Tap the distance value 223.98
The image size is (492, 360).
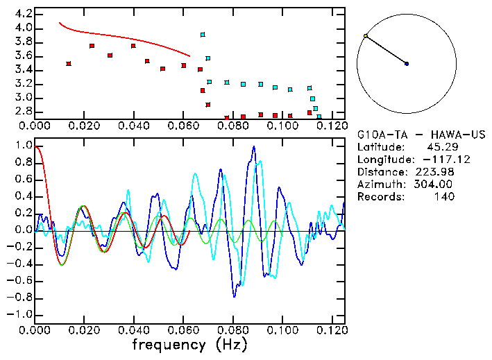tap(434, 171)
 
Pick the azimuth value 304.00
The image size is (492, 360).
tap(434, 184)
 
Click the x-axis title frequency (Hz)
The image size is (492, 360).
tap(189, 344)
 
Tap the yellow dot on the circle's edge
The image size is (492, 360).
tap(366, 35)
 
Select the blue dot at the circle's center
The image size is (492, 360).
tap(407, 64)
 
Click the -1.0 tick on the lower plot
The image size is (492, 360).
tap(21, 314)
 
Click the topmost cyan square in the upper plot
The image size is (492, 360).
tap(203, 34)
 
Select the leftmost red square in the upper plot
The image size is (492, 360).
tap(69, 63)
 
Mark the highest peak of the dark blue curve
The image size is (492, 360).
tap(254, 146)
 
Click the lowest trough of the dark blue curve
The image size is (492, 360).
tap(234, 297)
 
